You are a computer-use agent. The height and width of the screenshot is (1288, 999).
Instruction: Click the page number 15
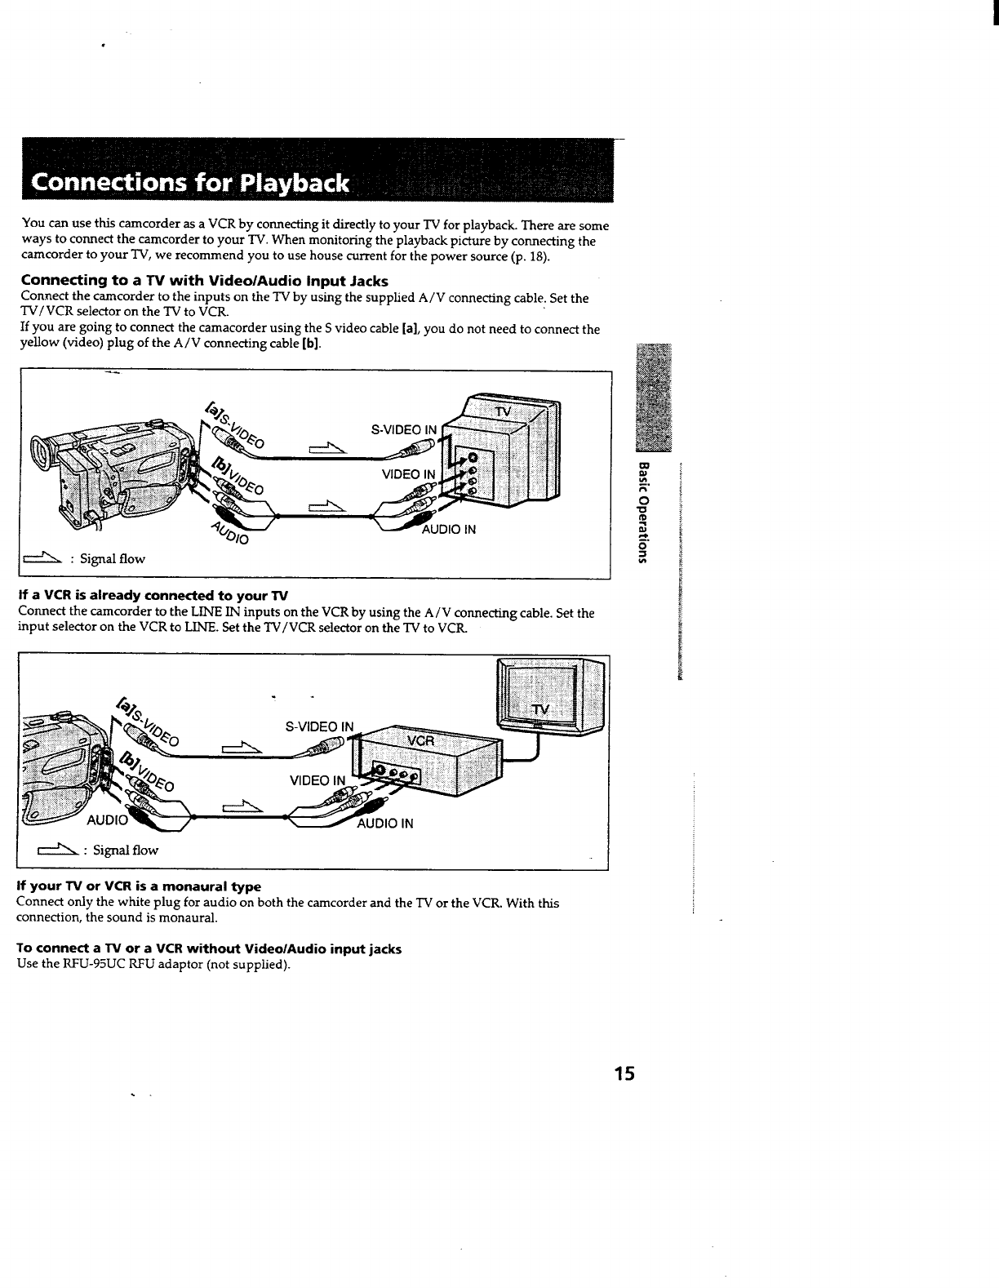click(624, 1073)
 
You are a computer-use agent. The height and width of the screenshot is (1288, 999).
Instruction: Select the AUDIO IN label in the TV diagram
click(448, 530)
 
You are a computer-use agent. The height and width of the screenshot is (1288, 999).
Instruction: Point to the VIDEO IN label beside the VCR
click(317, 781)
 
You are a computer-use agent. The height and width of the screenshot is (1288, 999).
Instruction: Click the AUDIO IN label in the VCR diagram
click(385, 824)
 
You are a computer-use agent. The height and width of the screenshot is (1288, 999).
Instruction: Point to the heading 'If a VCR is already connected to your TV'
click(153, 595)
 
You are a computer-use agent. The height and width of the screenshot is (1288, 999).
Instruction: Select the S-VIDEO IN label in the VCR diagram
click(319, 726)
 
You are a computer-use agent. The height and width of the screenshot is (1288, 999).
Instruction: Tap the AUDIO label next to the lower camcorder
click(107, 819)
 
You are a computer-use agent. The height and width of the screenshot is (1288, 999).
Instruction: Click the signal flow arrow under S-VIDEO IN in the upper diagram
click(329, 447)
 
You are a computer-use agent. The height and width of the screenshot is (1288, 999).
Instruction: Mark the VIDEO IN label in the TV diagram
click(408, 474)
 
